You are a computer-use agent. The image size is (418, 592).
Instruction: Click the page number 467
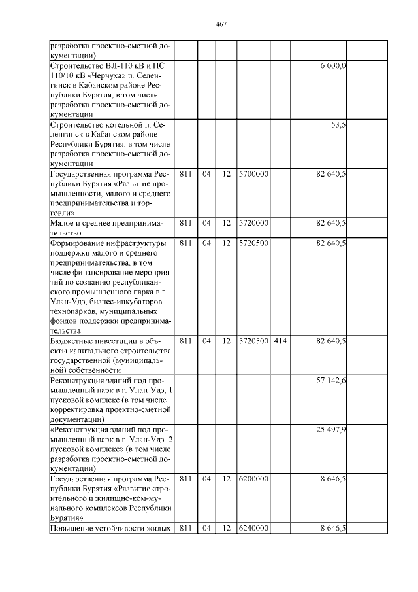coord(220,24)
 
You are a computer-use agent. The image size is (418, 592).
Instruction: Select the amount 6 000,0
coord(333,67)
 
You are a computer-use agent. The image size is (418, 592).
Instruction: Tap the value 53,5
coord(338,124)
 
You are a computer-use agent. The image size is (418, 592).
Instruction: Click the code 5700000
coord(253,175)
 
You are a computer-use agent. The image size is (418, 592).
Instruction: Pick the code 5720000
coord(253,223)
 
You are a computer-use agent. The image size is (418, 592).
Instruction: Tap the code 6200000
coord(253,479)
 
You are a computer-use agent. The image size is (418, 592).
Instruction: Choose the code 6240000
coord(253,528)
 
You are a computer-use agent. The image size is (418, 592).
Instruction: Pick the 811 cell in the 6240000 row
coord(185,528)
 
